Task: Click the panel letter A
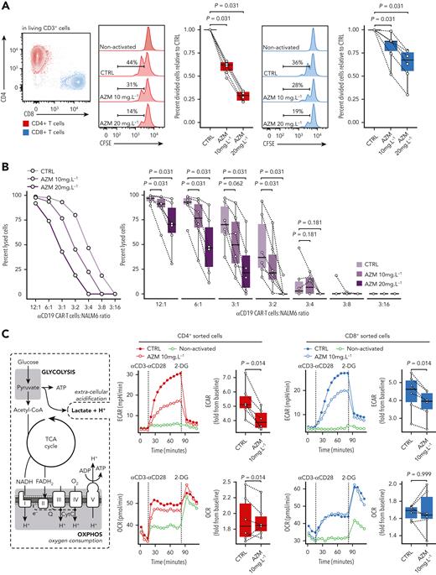point(5,6)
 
